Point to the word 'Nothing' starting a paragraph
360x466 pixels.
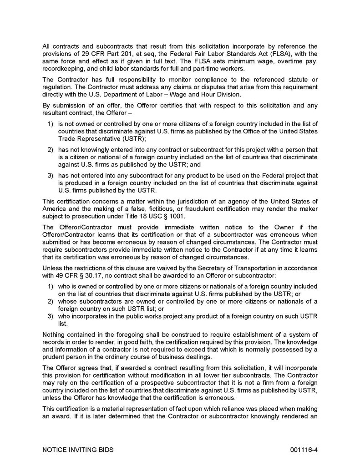(54, 335)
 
